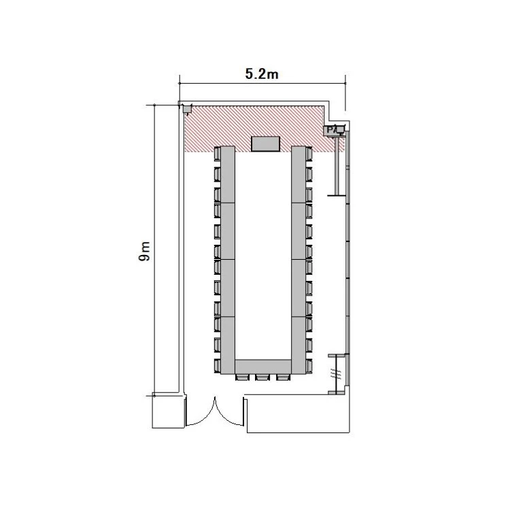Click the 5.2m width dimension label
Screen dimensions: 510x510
[262, 74]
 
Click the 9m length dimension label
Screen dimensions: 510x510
[144, 251]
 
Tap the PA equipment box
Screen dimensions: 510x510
[333, 131]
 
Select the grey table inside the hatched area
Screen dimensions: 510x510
[265, 143]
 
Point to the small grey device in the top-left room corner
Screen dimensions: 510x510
[187, 109]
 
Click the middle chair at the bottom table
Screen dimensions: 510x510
[262, 377]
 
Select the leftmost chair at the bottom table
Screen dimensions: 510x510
[242, 377]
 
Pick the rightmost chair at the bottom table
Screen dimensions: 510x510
[283, 377]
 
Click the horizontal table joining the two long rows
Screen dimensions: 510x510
[262, 367]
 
